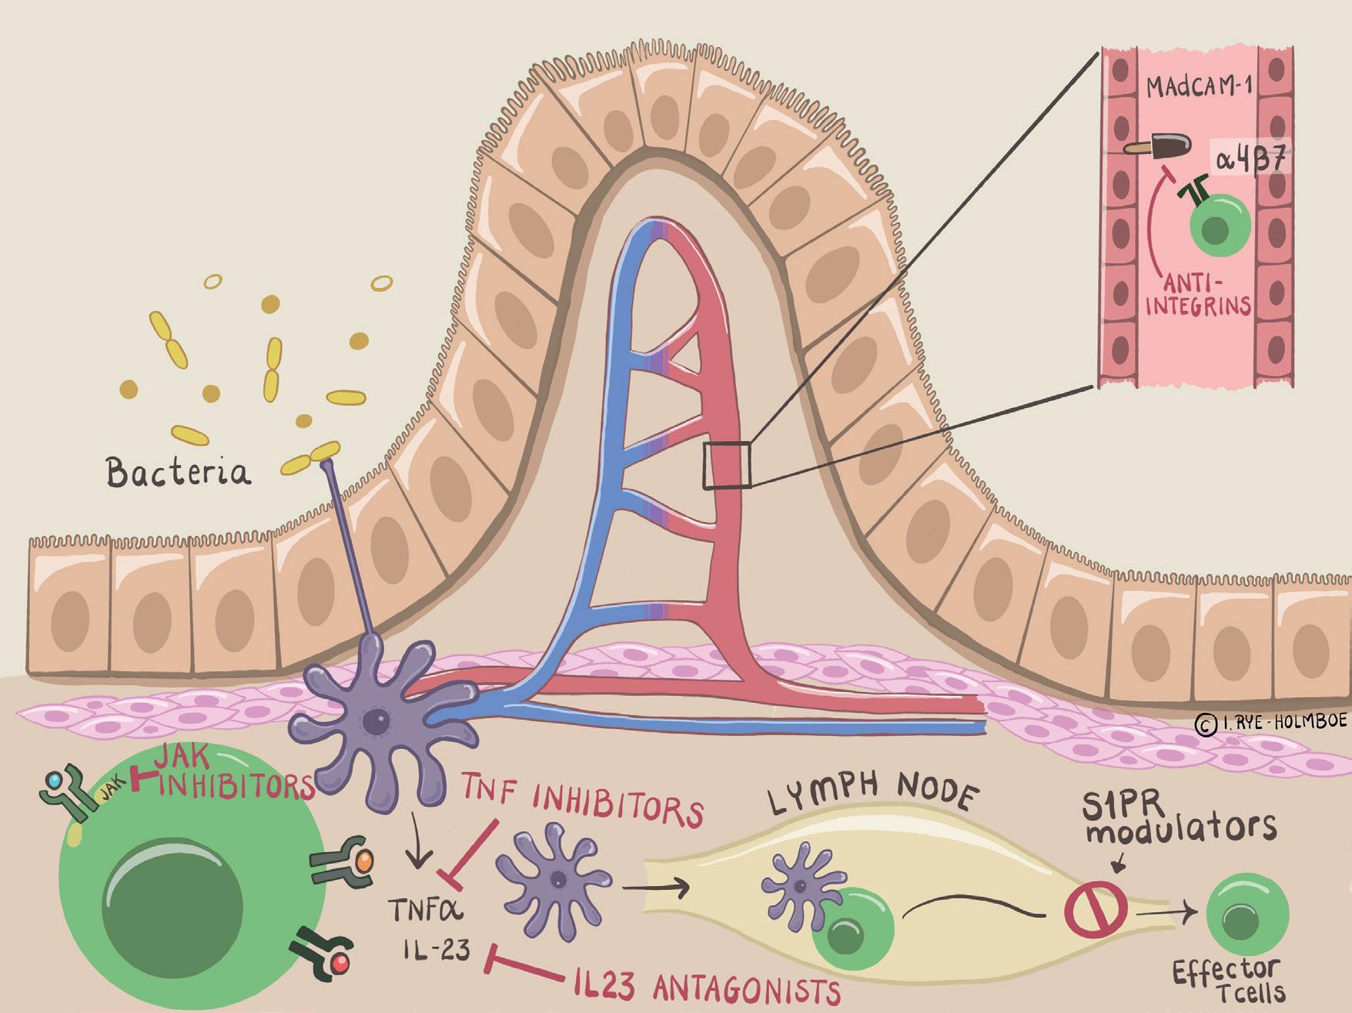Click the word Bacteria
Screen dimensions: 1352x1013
point(179,472)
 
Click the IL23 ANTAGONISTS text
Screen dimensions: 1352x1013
point(707,988)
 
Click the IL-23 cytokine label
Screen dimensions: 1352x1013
point(436,951)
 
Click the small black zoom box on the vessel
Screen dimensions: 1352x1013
point(727,465)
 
